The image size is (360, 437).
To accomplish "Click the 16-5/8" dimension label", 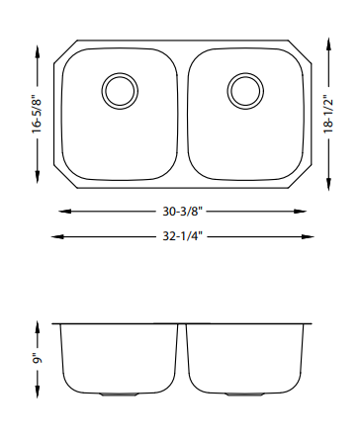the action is (x=37, y=114).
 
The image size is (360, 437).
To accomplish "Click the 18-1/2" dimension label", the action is (x=328, y=114).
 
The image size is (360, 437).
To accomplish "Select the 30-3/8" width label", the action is (x=182, y=212).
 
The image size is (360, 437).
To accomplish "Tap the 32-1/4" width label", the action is (x=182, y=236).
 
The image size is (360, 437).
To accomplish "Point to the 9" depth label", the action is (x=38, y=359).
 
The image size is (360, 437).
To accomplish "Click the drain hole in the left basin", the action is (x=120, y=91).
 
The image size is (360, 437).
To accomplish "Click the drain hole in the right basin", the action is (x=245, y=91).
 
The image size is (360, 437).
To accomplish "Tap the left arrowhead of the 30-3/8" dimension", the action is (x=65, y=212).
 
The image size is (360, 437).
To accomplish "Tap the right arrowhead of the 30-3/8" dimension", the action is (x=300, y=212).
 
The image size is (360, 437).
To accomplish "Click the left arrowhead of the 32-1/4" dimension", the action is (x=58, y=236).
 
